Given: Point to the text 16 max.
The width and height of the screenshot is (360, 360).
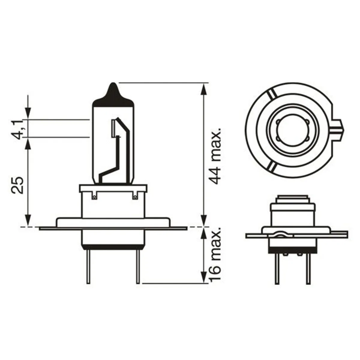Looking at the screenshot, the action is [215, 258].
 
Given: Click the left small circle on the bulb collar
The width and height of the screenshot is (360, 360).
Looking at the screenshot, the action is [94, 196].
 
